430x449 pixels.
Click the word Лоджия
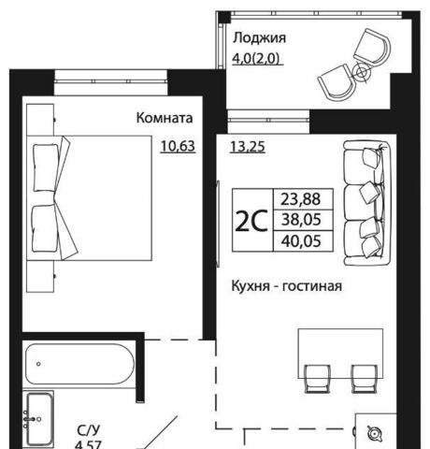pyautogui.click(x=259, y=38)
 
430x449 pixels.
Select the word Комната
pyautogui.click(x=165, y=118)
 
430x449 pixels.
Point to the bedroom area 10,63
pyautogui.click(x=178, y=146)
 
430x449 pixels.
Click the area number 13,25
pyautogui.click(x=248, y=147)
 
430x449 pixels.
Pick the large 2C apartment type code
pyautogui.click(x=251, y=221)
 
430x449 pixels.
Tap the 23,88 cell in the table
pyautogui.click(x=301, y=199)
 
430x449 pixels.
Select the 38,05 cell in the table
pyautogui.click(x=301, y=220)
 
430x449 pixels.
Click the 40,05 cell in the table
pyautogui.click(x=301, y=241)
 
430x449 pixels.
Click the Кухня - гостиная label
pyautogui.click(x=287, y=286)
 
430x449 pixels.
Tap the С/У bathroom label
pyautogui.click(x=89, y=430)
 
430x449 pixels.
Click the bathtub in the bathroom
pyautogui.click(x=79, y=364)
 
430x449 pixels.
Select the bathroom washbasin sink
pyautogui.click(x=39, y=419)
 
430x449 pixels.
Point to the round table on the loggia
pyautogui.click(x=362, y=73)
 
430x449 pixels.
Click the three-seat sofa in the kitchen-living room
pyautogui.click(x=367, y=203)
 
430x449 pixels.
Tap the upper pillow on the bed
pyautogui.click(x=46, y=167)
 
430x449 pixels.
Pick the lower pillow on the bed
pyautogui.click(x=45, y=228)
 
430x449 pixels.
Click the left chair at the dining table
pyautogui.click(x=317, y=379)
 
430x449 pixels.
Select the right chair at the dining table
pyautogui.click(x=365, y=379)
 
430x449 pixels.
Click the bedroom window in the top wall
pyautogui.click(x=111, y=81)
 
